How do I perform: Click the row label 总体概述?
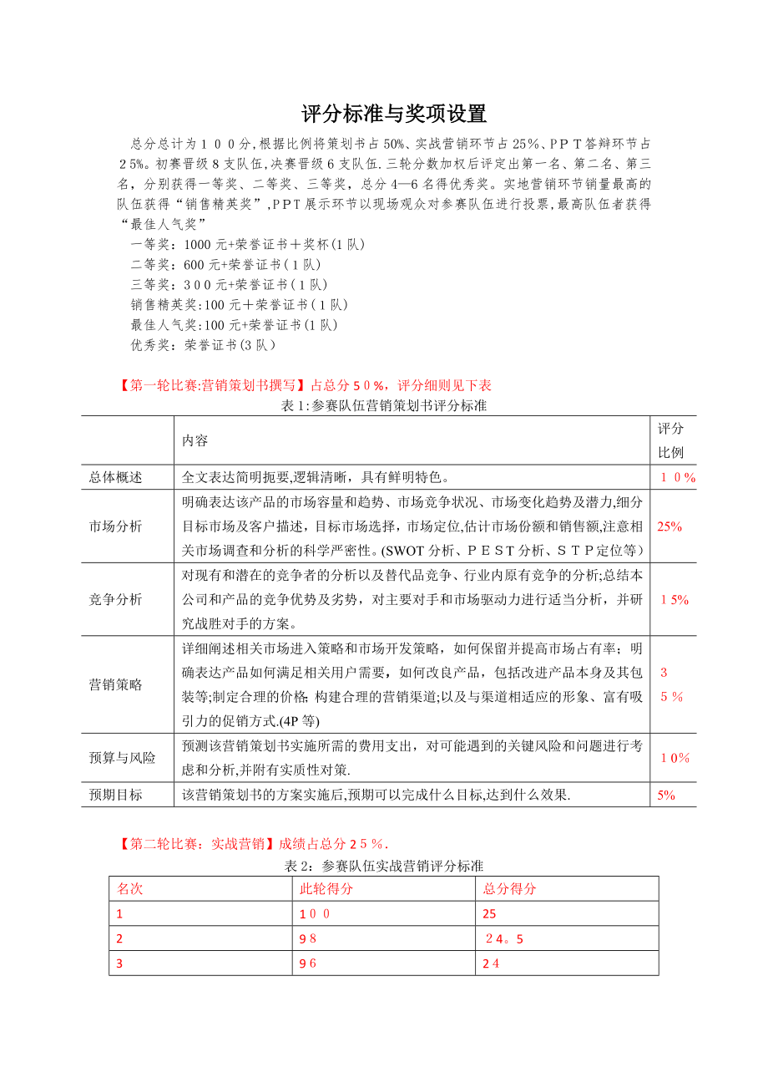click(116, 477)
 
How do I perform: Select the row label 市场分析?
click(116, 526)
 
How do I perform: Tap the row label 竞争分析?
click(116, 599)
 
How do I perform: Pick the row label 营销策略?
click(116, 684)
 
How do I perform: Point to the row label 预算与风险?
click(123, 758)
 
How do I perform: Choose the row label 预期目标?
click(116, 795)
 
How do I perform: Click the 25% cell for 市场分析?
click(669, 526)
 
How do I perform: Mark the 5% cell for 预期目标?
click(665, 796)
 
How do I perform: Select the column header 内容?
click(195, 440)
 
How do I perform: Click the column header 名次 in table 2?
click(129, 888)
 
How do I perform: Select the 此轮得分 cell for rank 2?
click(308, 938)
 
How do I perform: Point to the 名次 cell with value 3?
click(119, 963)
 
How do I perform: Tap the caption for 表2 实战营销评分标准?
click(384, 866)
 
